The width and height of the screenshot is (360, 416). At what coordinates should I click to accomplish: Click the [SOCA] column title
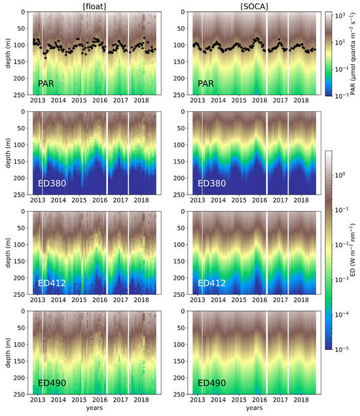(x=253, y=5)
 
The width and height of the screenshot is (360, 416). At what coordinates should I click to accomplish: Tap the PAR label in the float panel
(x=46, y=84)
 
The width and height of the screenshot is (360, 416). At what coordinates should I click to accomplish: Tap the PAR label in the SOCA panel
(x=207, y=84)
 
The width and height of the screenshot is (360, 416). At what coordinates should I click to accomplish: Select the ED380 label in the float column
(x=52, y=183)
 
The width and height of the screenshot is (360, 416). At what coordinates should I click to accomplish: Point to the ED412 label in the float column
(x=52, y=283)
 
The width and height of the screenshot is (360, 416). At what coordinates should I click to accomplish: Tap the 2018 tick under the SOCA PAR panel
(x=300, y=102)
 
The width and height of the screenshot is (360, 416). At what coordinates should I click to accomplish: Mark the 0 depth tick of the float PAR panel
(x=24, y=12)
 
